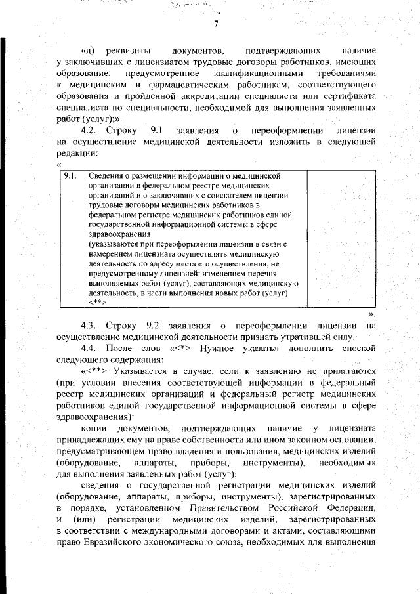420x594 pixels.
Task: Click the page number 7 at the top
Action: pos(215,24)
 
